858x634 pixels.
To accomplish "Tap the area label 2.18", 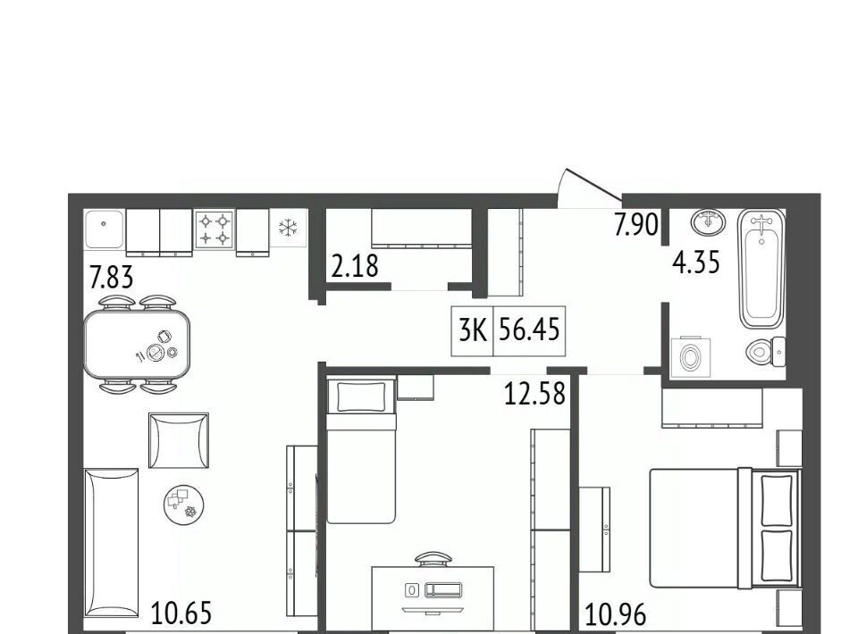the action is [355, 266].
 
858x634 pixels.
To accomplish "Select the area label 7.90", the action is [635, 224].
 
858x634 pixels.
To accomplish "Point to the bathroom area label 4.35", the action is [696, 262].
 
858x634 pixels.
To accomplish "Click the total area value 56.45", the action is [529, 330].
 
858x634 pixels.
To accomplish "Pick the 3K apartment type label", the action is [472, 330].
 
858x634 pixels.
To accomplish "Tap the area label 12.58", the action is [534, 394].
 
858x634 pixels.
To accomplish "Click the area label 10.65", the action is [181, 613].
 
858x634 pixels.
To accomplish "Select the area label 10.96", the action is [616, 614].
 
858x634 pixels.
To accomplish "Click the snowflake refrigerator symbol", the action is [288, 228].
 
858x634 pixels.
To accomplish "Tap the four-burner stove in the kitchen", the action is [214, 229].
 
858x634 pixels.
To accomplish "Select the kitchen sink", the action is [105, 229].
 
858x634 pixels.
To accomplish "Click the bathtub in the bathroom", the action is [761, 269].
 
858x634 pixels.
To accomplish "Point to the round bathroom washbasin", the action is [709, 221].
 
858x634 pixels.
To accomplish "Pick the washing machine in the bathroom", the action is [691, 357].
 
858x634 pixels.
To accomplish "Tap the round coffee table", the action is [184, 505].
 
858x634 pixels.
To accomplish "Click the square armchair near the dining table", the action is [179, 440].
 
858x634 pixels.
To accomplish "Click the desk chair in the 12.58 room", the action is [433, 559].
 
